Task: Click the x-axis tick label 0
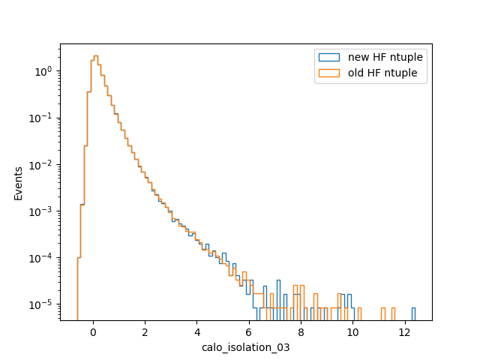pos(93,332)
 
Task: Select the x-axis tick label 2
pos(145,332)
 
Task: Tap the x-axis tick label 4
pos(196,332)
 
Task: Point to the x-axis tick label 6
pos(249,332)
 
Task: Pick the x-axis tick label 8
pos(301,332)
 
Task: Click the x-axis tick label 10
pos(352,332)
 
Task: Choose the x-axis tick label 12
pos(405,332)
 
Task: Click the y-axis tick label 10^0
pos(43,72)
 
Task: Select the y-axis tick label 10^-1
pos(40,118)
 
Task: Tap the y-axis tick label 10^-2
pos(40,165)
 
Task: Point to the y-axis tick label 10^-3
pos(40,211)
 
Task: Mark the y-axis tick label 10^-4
pos(40,258)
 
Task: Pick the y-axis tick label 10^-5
pos(40,305)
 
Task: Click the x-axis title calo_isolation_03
pos(246,348)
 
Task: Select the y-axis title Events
pos(18,184)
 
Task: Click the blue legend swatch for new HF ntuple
pos(329,57)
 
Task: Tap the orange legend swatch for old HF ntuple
pos(329,73)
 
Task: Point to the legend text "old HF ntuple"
pos(382,73)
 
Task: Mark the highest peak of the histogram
pos(96,55)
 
